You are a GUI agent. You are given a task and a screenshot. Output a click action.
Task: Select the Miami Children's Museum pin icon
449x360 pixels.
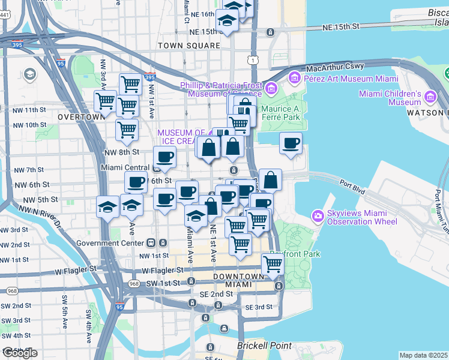tap(430, 97)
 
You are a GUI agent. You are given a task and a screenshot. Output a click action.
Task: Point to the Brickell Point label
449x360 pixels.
tap(265, 346)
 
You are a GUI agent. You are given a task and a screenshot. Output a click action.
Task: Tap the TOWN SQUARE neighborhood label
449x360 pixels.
tap(188, 46)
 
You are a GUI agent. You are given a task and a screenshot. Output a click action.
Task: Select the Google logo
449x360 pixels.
tap(20, 353)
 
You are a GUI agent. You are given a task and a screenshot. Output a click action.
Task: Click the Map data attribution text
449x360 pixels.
tap(423, 355)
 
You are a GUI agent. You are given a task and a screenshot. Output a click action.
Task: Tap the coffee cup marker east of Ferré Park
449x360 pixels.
tap(291, 144)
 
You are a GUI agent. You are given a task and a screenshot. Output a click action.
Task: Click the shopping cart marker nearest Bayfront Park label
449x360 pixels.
tap(273, 264)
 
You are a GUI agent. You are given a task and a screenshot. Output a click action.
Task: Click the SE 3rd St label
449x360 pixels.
tap(259, 307)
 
